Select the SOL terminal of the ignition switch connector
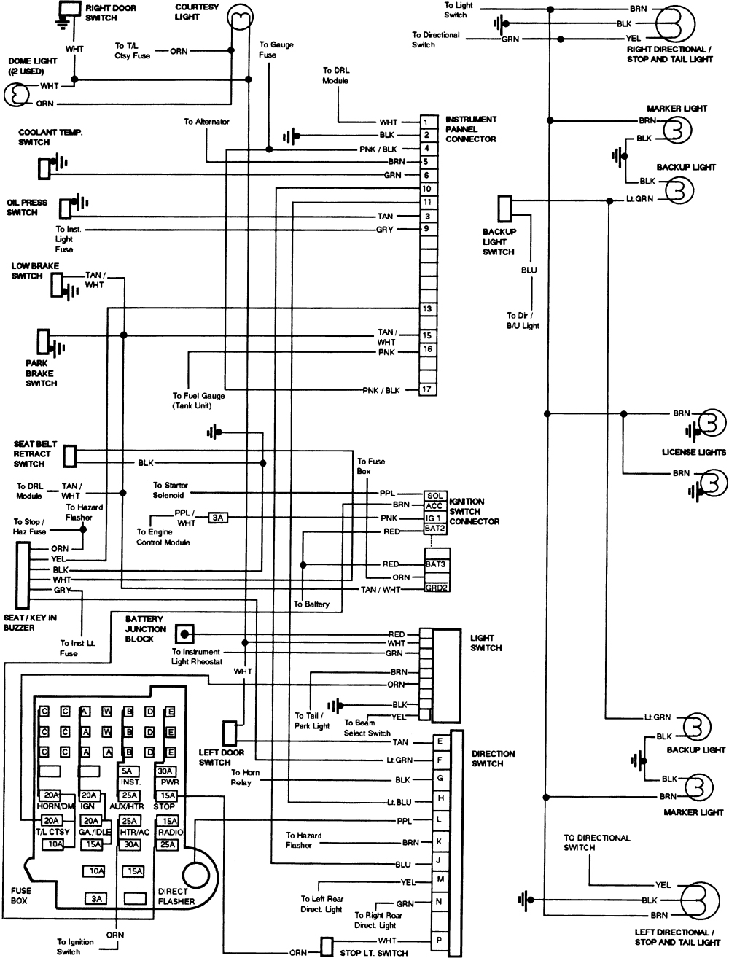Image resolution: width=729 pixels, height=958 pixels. pos(435,496)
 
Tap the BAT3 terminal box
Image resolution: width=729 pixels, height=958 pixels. pos(437,564)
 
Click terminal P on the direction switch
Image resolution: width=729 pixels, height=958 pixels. pos(440,941)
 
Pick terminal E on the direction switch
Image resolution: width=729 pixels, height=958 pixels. pos(440,741)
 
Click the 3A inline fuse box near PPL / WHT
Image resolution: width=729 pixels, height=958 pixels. pos(217,518)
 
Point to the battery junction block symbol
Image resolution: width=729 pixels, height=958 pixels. pos(186,634)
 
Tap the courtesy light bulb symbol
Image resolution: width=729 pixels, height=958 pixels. pos(239,13)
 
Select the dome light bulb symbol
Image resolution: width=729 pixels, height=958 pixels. pos(16,95)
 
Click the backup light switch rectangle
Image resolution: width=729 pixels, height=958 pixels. pos(504,209)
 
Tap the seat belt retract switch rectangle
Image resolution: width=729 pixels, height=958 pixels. pos(70,456)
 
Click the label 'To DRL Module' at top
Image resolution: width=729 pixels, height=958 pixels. pos(335,76)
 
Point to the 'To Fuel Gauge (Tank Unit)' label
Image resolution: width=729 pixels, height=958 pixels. pos(198,400)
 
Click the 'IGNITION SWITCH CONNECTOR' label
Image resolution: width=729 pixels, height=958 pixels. pos(475,512)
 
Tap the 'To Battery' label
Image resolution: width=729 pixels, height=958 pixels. pos(311,604)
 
